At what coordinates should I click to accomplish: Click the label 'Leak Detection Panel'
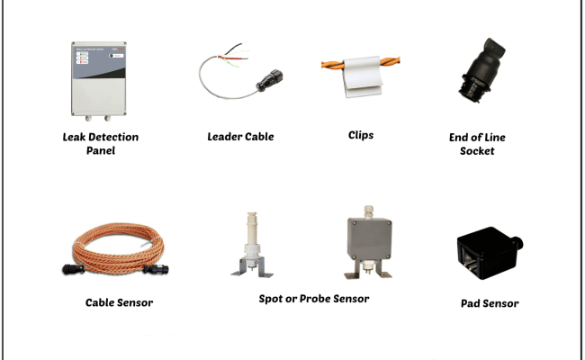101,144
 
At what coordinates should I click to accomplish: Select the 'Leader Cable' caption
240,137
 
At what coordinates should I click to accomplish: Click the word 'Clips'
361,136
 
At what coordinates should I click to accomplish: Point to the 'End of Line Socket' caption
477,144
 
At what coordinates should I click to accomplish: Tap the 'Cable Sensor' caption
119,302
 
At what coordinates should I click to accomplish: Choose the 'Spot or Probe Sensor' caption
309,298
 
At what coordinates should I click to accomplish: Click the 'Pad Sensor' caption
490,303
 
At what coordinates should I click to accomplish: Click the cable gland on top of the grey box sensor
367,210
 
